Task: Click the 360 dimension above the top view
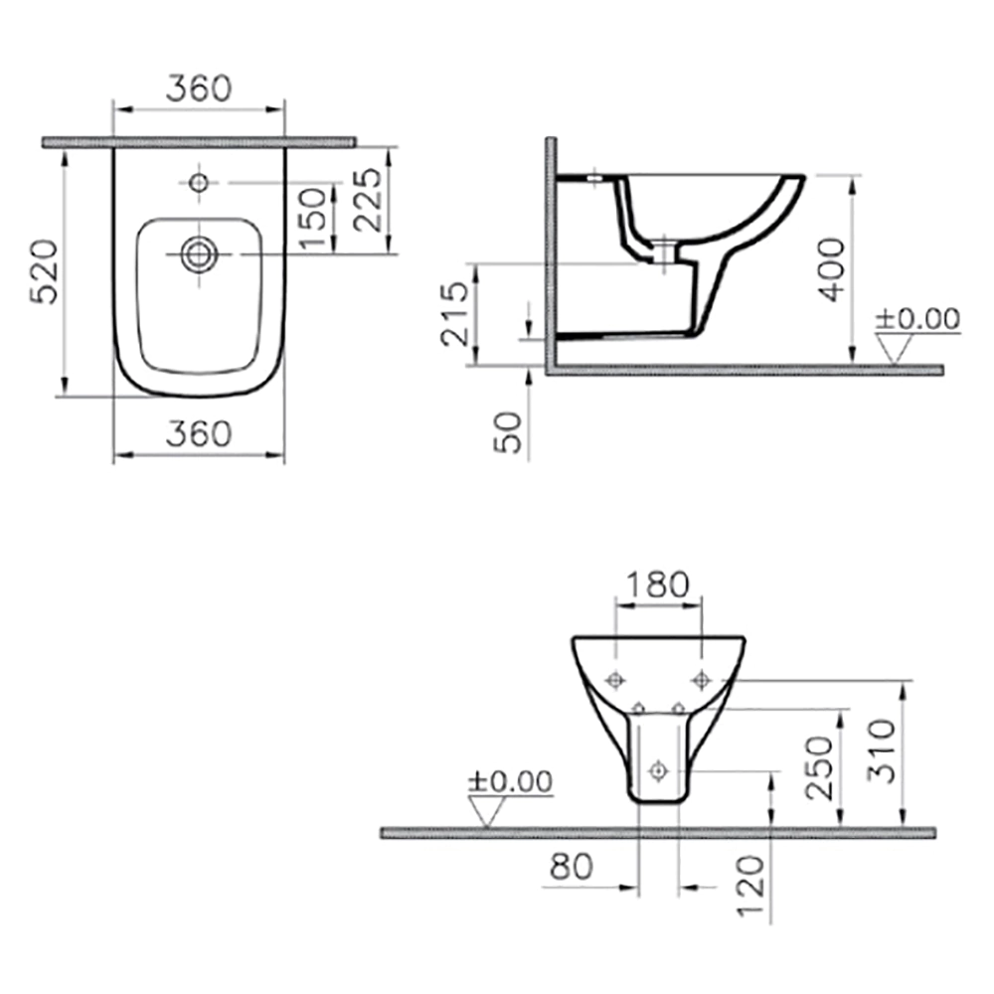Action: pyautogui.click(x=198, y=88)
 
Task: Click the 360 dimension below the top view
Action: pyautogui.click(x=198, y=433)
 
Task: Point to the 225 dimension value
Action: pyautogui.click(x=367, y=200)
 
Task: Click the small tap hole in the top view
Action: pyautogui.click(x=199, y=183)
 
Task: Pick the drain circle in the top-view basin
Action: pyautogui.click(x=199, y=254)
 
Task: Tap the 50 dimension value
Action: pyautogui.click(x=509, y=431)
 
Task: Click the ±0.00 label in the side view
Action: pyautogui.click(x=917, y=319)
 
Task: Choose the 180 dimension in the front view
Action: pyautogui.click(x=658, y=585)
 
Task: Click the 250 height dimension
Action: pyautogui.click(x=820, y=767)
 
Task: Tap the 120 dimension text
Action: pyautogui.click(x=752, y=887)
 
